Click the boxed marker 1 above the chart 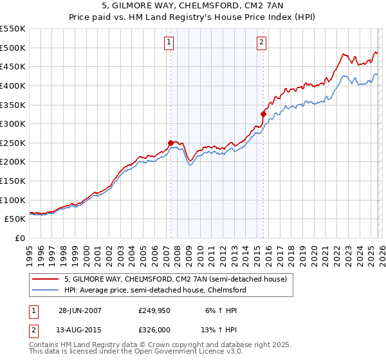(x=169, y=43)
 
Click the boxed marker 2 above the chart (x=262, y=43)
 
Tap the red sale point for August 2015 (x=263, y=114)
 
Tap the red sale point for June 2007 (x=170, y=143)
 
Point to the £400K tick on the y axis (x=14, y=85)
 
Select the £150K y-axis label (x=14, y=181)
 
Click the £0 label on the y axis (x=20, y=239)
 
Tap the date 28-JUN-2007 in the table (x=80, y=310)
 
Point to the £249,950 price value (x=155, y=310)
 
